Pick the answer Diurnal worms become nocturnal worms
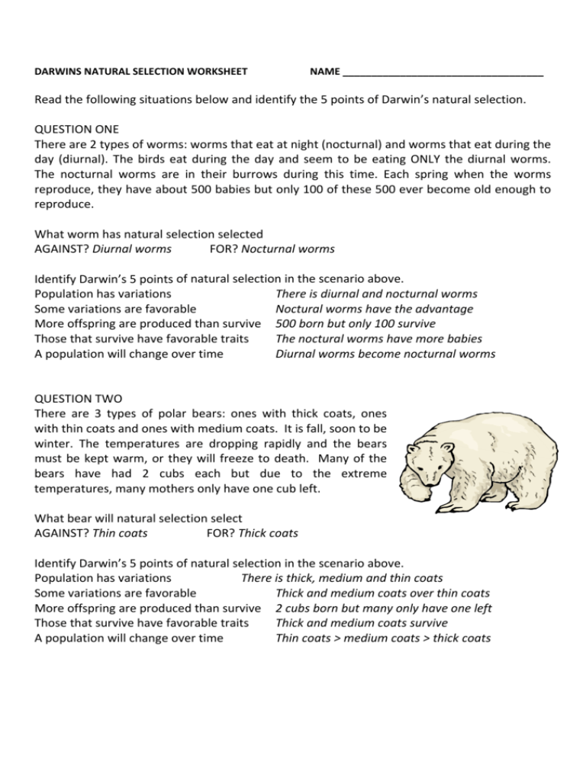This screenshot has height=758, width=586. point(385,354)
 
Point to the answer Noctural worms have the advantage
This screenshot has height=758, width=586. point(374,309)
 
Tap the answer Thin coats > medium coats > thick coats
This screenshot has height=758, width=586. point(383,638)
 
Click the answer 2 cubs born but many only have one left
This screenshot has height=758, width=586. point(383,608)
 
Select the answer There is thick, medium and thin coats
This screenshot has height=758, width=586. point(342,577)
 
